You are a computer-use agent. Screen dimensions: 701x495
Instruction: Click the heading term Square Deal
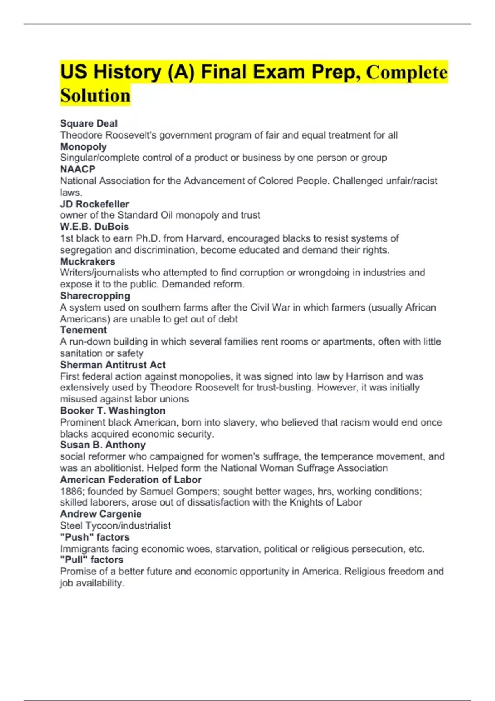pos(89,123)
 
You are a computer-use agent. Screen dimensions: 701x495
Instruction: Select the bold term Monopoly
pos(83,147)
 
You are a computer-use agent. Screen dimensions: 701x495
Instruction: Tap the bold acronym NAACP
pos(78,169)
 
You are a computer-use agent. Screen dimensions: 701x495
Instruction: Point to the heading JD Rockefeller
pos(94,204)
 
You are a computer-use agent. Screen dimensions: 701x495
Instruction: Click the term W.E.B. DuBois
pos(94,227)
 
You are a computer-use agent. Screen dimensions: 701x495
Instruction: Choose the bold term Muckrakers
pos(87,261)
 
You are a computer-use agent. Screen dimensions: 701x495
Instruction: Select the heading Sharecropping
pos(95,296)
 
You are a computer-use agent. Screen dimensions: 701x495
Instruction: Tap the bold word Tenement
pos(83,330)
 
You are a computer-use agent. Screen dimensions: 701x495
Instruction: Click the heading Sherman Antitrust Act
pos(113,365)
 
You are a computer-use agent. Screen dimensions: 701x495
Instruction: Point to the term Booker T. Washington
pos(113,411)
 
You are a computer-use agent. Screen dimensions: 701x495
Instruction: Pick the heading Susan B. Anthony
pos(103,445)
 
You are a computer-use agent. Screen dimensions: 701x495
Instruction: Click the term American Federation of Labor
pos(131,480)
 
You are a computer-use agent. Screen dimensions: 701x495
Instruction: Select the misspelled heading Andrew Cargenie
pos(101,514)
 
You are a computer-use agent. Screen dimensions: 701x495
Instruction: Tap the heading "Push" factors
pos(94,537)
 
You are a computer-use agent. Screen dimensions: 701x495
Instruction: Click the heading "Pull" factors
pos(92,560)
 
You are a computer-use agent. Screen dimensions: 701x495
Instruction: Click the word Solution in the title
pos(95,96)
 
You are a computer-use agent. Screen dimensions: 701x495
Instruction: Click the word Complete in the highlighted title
pos(407,73)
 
